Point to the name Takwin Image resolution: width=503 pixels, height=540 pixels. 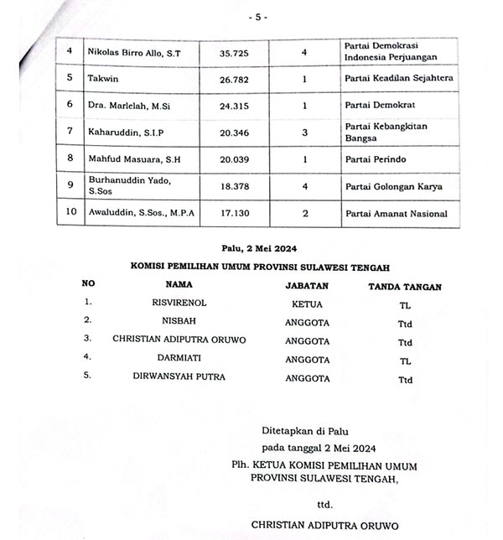(x=103, y=79)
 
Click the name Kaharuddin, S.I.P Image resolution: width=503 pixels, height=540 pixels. (x=125, y=132)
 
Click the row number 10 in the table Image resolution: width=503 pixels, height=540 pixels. (x=70, y=213)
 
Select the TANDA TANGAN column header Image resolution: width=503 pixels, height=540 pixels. (x=406, y=287)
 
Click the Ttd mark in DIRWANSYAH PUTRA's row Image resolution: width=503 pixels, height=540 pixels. (x=406, y=380)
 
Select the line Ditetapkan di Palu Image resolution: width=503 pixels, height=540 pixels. (x=300, y=430)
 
